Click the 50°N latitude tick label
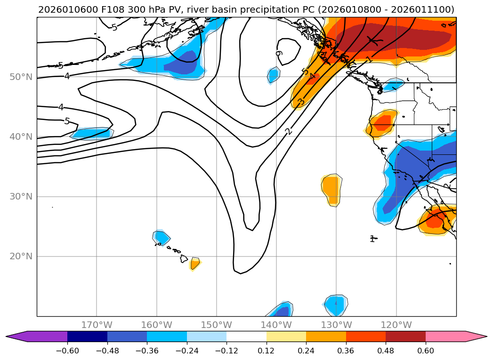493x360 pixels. pyautogui.click(x=21, y=77)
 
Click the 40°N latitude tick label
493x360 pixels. pyautogui.click(x=21, y=137)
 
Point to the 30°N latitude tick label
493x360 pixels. pyautogui.click(x=21, y=197)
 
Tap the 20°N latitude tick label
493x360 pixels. pyautogui.click(x=21, y=256)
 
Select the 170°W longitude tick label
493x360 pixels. pyautogui.click(x=97, y=325)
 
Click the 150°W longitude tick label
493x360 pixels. pyautogui.click(x=217, y=325)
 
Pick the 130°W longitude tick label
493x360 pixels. pyautogui.click(x=336, y=325)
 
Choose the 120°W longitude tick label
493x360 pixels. pyautogui.click(x=396, y=325)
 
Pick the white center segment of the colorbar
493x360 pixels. pyautogui.click(x=246, y=336)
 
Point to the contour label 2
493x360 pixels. pyautogui.click(x=289, y=131)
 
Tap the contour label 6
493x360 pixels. pyautogui.click(x=279, y=54)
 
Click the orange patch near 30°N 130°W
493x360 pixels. pyautogui.click(x=331, y=188)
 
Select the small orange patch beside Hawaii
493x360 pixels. pyautogui.click(x=194, y=263)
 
